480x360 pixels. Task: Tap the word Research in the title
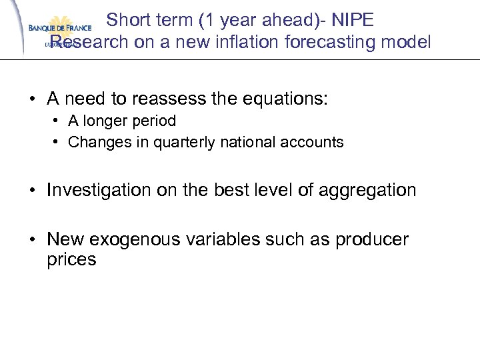click(85, 43)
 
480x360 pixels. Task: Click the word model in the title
click(409, 43)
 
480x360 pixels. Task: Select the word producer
click(370, 239)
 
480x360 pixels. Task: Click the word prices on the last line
click(71, 259)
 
